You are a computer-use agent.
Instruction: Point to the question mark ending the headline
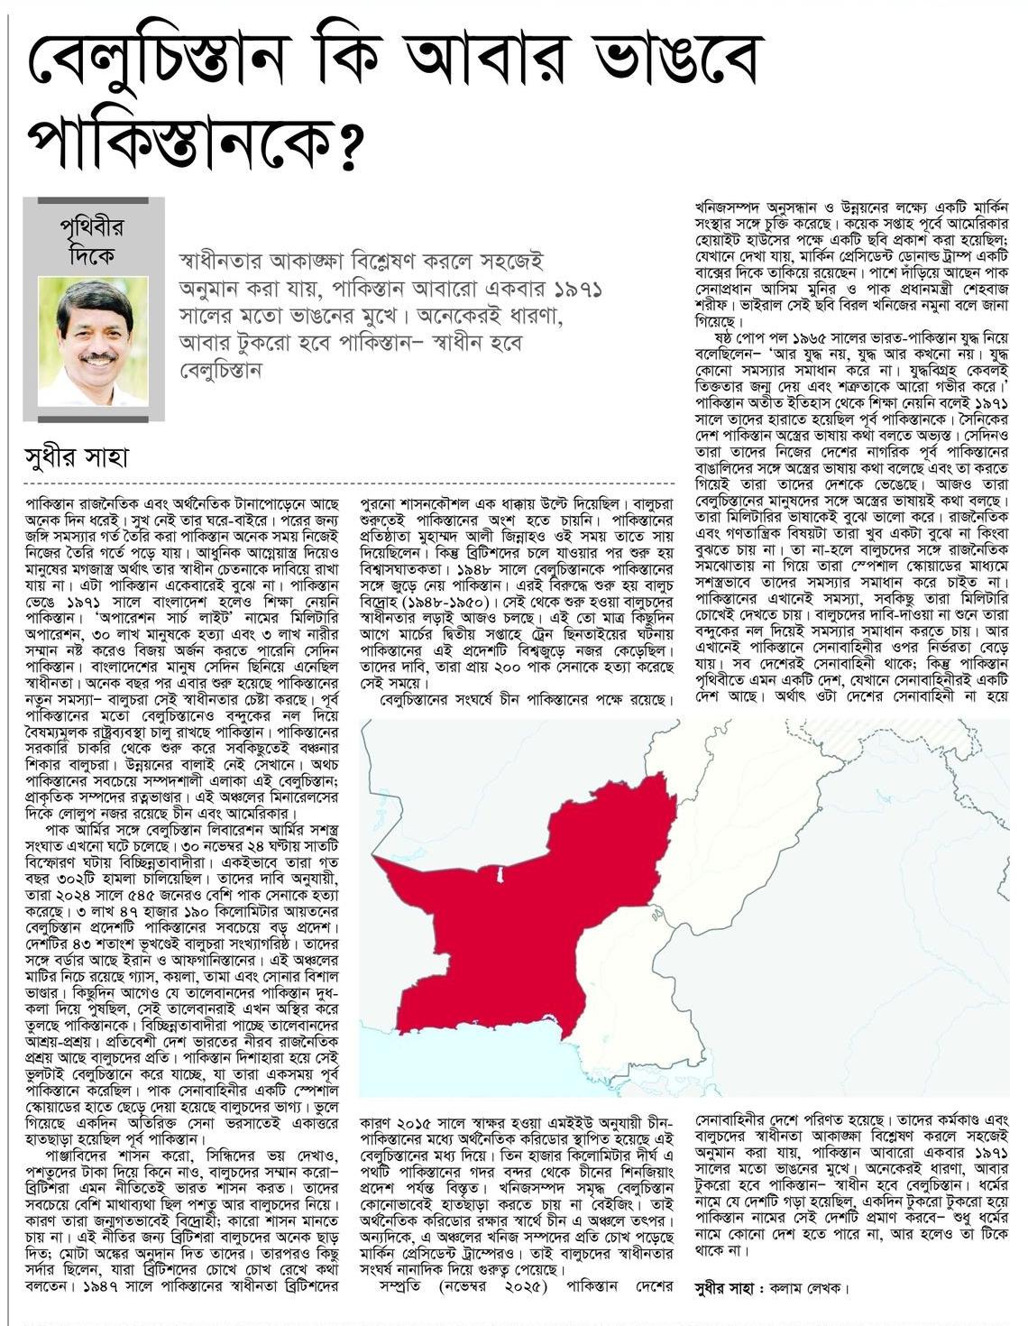pos(337,144)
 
